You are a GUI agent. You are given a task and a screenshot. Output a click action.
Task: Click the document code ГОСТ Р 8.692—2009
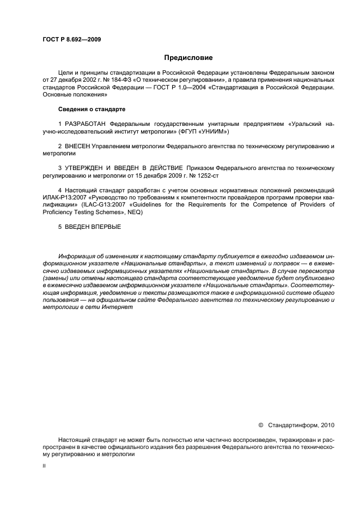(x=71, y=39)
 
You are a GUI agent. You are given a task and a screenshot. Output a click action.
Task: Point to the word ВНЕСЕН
(x=77, y=147)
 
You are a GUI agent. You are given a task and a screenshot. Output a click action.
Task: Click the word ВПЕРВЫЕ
(x=103, y=226)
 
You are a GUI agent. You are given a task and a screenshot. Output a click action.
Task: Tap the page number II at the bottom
(x=44, y=466)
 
